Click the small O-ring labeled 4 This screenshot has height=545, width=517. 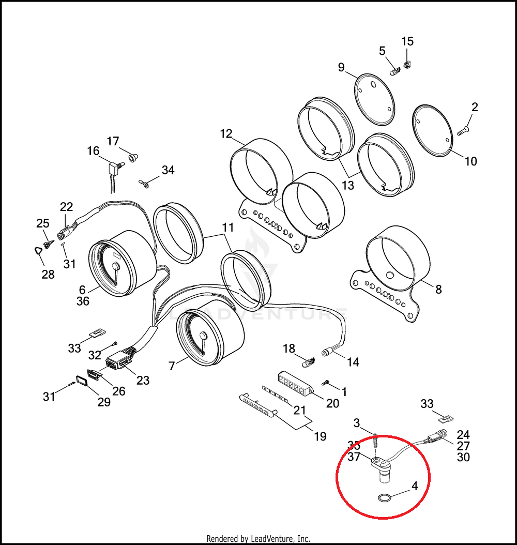point(382,498)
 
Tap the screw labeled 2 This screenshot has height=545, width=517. point(463,130)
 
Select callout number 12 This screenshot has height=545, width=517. point(226,134)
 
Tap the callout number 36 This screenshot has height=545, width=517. point(83,301)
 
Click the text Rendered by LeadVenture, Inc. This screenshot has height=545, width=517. point(258,538)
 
